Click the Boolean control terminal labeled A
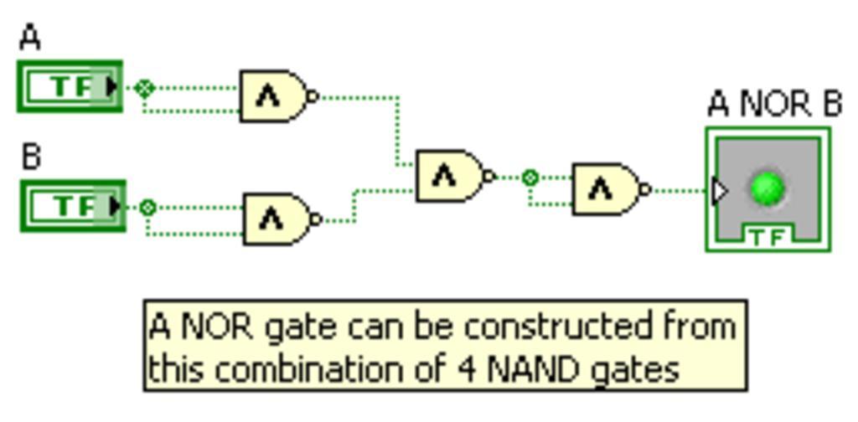coord(70,86)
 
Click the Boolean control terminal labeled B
coord(72,206)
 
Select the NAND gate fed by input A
coord(273,96)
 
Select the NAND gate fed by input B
coord(277,219)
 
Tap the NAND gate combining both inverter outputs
coord(450,177)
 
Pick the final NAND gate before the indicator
coord(605,189)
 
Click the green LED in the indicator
coord(767,188)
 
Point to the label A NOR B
coord(774,105)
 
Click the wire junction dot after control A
coord(144,87)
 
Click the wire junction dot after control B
coord(147,207)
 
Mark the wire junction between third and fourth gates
coord(530,178)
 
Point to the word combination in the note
coord(319,368)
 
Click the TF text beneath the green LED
coord(767,238)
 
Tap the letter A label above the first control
coord(30,38)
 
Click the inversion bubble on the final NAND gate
coord(644,190)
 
